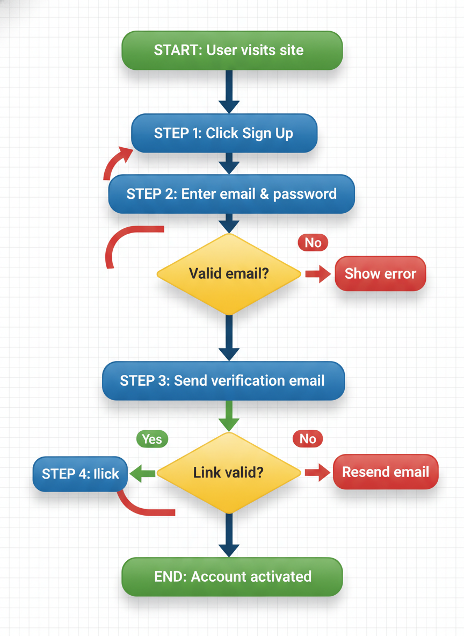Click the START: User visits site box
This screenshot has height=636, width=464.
(232, 50)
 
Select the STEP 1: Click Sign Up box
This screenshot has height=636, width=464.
(224, 133)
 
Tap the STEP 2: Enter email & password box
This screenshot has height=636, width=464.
(231, 194)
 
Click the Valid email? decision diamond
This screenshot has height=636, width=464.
(229, 273)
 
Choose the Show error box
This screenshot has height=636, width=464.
(380, 274)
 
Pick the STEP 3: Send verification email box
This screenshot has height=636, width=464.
(223, 381)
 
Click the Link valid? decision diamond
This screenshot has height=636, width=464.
(229, 473)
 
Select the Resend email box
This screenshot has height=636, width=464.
(386, 472)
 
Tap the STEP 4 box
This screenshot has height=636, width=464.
(80, 474)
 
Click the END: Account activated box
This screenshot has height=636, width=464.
(232, 577)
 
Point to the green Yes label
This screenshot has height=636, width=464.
(152, 439)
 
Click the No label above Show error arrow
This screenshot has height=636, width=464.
(313, 243)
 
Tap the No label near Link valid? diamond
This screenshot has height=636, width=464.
(308, 439)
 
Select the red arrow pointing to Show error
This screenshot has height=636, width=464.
(319, 274)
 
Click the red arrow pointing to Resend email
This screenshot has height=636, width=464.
(318, 473)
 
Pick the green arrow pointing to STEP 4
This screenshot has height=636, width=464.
(143, 473)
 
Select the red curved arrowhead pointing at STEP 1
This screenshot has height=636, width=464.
(124, 155)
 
